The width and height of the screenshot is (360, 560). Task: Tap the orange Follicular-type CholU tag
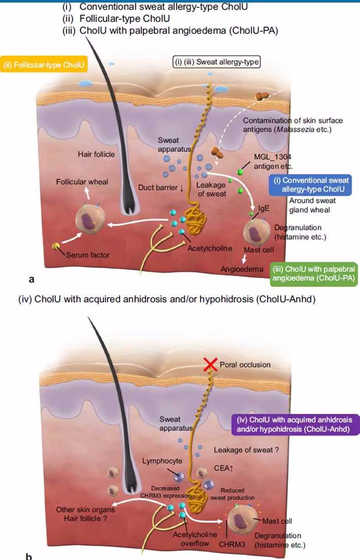[43, 65]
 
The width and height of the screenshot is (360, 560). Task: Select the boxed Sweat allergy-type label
[217, 62]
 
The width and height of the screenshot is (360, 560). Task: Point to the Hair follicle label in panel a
[96, 154]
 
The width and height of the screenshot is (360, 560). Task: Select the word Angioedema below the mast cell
[242, 269]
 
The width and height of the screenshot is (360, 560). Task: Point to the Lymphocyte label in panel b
[162, 461]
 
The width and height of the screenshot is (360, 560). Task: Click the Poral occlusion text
[245, 365]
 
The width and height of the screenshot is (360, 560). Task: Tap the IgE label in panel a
[264, 208]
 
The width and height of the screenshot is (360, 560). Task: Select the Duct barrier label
[161, 188]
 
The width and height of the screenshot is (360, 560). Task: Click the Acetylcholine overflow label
[194, 539]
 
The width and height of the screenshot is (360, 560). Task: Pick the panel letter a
[32, 280]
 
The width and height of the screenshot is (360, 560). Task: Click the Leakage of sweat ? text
[246, 450]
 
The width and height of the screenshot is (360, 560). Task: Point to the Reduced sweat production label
[232, 494]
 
